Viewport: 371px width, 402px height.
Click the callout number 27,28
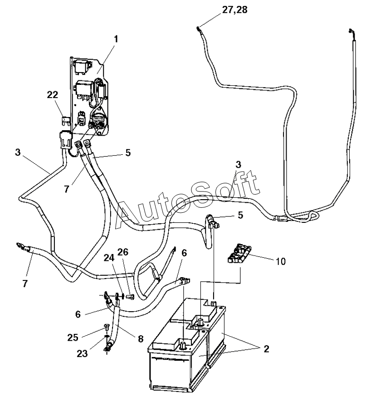[x=234, y=10]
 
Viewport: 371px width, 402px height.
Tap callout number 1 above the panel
[x=116, y=39]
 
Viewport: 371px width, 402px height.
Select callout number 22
[x=53, y=95]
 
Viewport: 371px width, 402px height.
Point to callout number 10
[x=281, y=261]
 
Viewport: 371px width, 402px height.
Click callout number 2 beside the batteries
[x=267, y=348]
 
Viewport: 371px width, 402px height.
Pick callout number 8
[x=141, y=338]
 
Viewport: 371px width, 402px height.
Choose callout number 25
[x=73, y=337]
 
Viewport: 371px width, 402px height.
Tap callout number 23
[x=82, y=353]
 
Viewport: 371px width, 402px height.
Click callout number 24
[x=109, y=257]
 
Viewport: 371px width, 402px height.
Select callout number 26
[x=123, y=252]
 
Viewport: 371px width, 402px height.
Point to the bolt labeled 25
[x=106, y=328]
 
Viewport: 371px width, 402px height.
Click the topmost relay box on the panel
[x=82, y=66]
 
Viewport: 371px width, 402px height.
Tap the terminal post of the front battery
[x=183, y=345]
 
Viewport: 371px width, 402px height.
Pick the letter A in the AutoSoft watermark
[x=128, y=215]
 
